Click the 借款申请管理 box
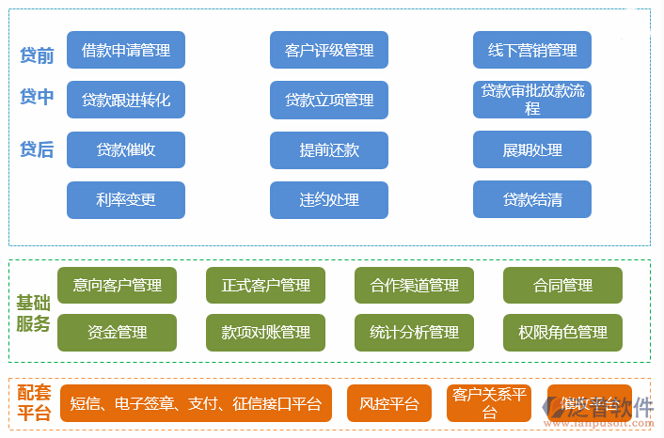coord(126,50)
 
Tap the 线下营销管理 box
coord(532,50)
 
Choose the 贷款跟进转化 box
coord(126,100)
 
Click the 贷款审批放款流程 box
coord(532,100)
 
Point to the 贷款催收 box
coord(126,149)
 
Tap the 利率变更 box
coord(126,199)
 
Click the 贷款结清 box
coord(532,199)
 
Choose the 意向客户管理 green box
coord(117,285)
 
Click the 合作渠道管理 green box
coord(414,285)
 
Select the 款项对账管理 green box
coord(265,332)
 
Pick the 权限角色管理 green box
coord(562,332)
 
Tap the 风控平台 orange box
coord(388,403)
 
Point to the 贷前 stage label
coord(37,55)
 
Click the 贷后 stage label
coord(37,149)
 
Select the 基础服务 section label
coord(33,313)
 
